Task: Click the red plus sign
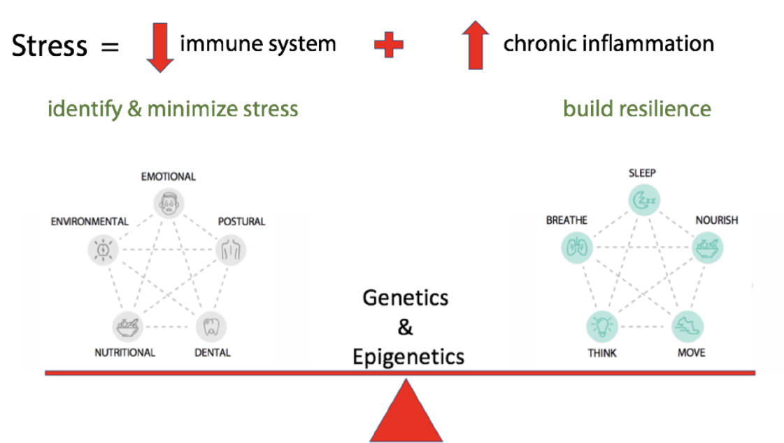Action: (389, 45)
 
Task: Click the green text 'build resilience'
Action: (636, 108)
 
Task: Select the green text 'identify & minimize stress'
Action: (173, 109)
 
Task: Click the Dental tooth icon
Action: (211, 325)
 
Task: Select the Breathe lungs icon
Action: (577, 247)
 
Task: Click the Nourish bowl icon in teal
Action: (707, 247)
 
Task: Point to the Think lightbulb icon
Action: (601, 326)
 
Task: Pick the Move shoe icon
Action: (687, 326)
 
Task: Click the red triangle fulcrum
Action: (406, 414)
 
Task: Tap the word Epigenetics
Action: (408, 356)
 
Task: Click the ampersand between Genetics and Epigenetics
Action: (405, 327)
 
